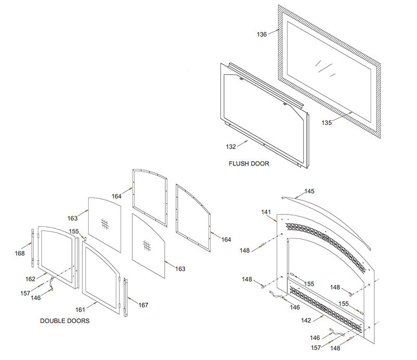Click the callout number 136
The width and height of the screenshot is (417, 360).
click(262, 34)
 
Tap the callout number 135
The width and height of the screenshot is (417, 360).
click(327, 123)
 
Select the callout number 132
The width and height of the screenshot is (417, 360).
click(231, 147)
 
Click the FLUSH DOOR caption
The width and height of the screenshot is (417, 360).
click(249, 163)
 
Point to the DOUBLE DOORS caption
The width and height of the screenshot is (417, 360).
click(65, 321)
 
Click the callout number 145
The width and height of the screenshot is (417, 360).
click(309, 191)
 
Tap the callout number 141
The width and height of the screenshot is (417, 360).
click(266, 212)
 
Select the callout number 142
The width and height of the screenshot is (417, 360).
click(306, 320)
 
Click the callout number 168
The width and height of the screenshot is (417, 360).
click(20, 253)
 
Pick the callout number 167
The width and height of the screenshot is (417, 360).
click(143, 305)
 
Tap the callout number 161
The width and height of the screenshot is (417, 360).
click(80, 310)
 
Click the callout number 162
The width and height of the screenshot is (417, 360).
click(30, 279)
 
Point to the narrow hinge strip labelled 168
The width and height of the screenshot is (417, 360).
click(33, 248)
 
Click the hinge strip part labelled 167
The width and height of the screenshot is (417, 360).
click(126, 297)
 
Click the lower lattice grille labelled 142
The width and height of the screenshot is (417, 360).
click(326, 309)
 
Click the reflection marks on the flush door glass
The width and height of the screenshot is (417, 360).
click(325, 68)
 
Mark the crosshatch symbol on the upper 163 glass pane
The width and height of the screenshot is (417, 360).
click(105, 224)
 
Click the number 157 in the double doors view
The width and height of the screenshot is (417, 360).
click(25, 293)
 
